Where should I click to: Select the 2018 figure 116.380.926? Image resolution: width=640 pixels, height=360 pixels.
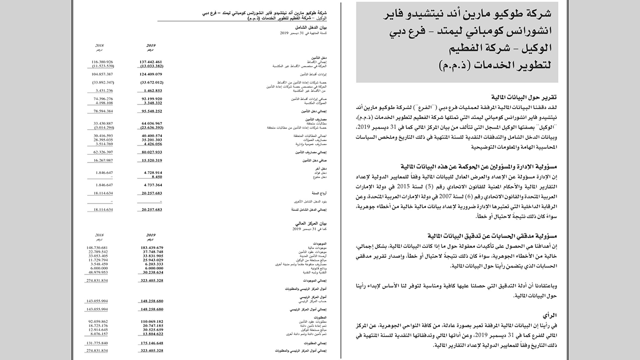click(x=102, y=61)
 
